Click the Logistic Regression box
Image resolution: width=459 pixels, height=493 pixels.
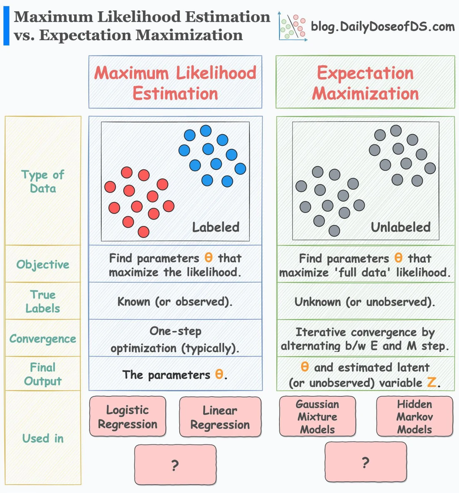[x=127, y=417]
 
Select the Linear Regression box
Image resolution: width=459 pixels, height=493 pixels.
[x=220, y=417]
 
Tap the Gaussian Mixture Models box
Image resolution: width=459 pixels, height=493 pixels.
[x=317, y=416]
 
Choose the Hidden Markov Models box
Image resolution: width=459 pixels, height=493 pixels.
[x=415, y=416]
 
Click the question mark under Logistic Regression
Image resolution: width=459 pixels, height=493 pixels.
[x=175, y=465]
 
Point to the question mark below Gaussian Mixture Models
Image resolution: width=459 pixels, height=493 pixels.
[x=365, y=463]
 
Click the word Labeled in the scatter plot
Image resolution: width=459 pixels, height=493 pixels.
[x=216, y=227]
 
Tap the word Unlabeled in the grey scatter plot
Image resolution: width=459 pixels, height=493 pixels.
[x=401, y=227]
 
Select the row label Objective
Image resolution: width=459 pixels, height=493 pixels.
[x=43, y=265]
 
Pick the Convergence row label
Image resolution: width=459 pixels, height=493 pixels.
[x=43, y=339]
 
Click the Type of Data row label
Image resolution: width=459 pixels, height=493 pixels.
[x=43, y=181]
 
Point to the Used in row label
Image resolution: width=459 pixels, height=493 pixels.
[x=43, y=438]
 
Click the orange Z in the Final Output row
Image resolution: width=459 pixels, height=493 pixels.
[x=432, y=382]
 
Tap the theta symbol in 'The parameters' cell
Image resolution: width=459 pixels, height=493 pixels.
[x=219, y=374]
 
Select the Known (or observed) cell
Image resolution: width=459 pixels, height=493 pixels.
[x=175, y=301]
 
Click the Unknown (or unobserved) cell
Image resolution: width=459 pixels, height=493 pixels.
[x=365, y=301]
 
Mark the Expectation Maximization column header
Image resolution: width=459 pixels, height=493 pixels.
[x=365, y=82]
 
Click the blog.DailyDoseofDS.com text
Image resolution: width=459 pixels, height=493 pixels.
[x=383, y=26]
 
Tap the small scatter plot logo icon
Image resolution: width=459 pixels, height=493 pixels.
[x=292, y=26]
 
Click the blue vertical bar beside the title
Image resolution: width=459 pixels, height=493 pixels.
[x=6, y=25]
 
